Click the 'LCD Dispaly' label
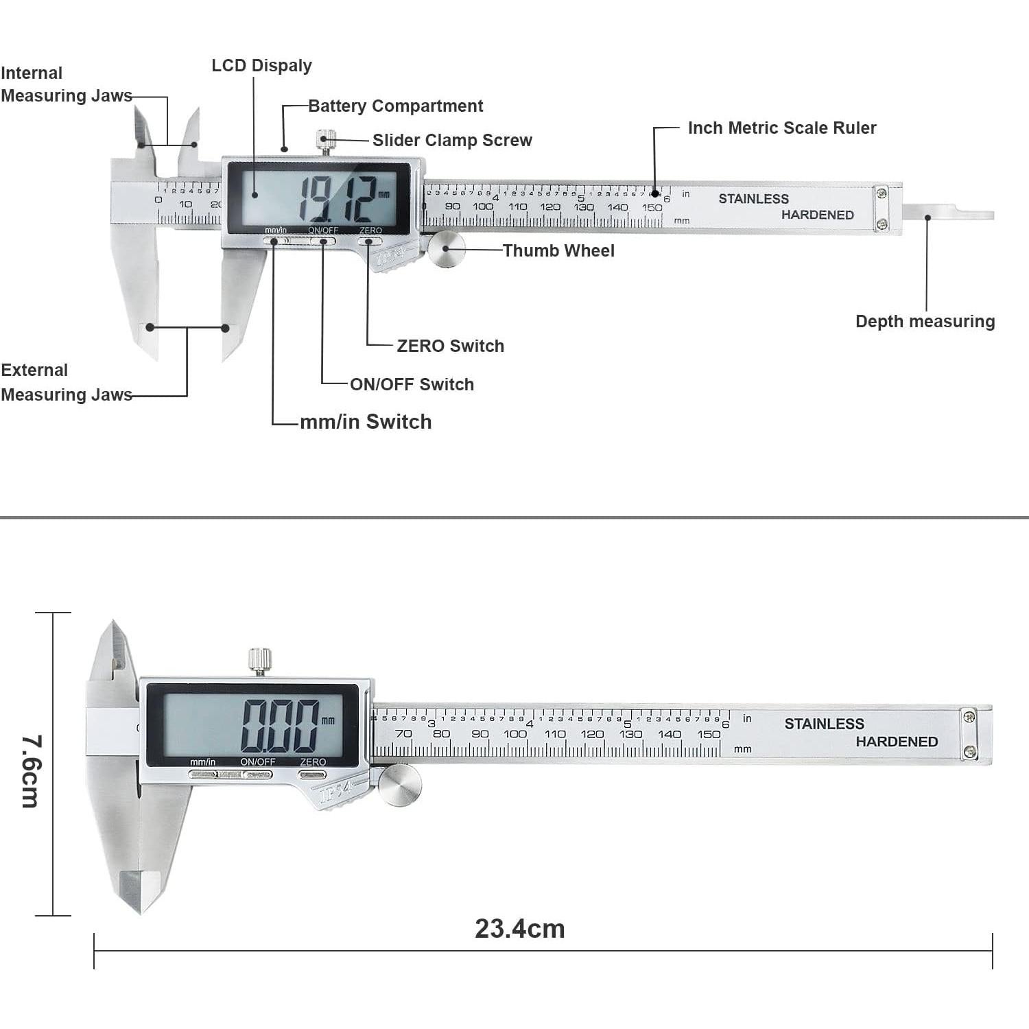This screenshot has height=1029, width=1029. pyautogui.click(x=261, y=66)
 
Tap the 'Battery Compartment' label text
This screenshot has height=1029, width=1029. pyautogui.click(x=395, y=106)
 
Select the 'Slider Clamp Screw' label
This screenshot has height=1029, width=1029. pyautogui.click(x=452, y=141)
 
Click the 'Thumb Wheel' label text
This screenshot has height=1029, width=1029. pyautogui.click(x=558, y=251)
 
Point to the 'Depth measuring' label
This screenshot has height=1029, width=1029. pyautogui.click(x=925, y=322)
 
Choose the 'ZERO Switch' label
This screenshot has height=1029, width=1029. pyautogui.click(x=450, y=346)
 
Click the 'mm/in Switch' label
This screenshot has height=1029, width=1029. pyautogui.click(x=366, y=422)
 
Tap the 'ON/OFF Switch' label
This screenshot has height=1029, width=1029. pyautogui.click(x=412, y=385)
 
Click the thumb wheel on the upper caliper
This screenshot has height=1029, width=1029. pyautogui.click(x=447, y=249)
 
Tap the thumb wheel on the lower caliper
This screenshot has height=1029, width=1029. pyautogui.click(x=399, y=785)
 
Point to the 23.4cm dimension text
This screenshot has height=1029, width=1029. pyautogui.click(x=519, y=929)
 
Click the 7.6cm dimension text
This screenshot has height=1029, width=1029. pyautogui.click(x=32, y=771)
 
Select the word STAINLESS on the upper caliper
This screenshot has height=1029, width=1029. pyautogui.click(x=753, y=199)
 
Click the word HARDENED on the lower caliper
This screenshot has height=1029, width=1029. pyautogui.click(x=897, y=742)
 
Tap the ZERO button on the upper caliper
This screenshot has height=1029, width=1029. pyautogui.click(x=370, y=241)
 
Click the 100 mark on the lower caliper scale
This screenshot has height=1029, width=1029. pyautogui.click(x=514, y=734)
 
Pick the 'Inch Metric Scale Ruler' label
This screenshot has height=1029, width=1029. pyautogui.click(x=781, y=128)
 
